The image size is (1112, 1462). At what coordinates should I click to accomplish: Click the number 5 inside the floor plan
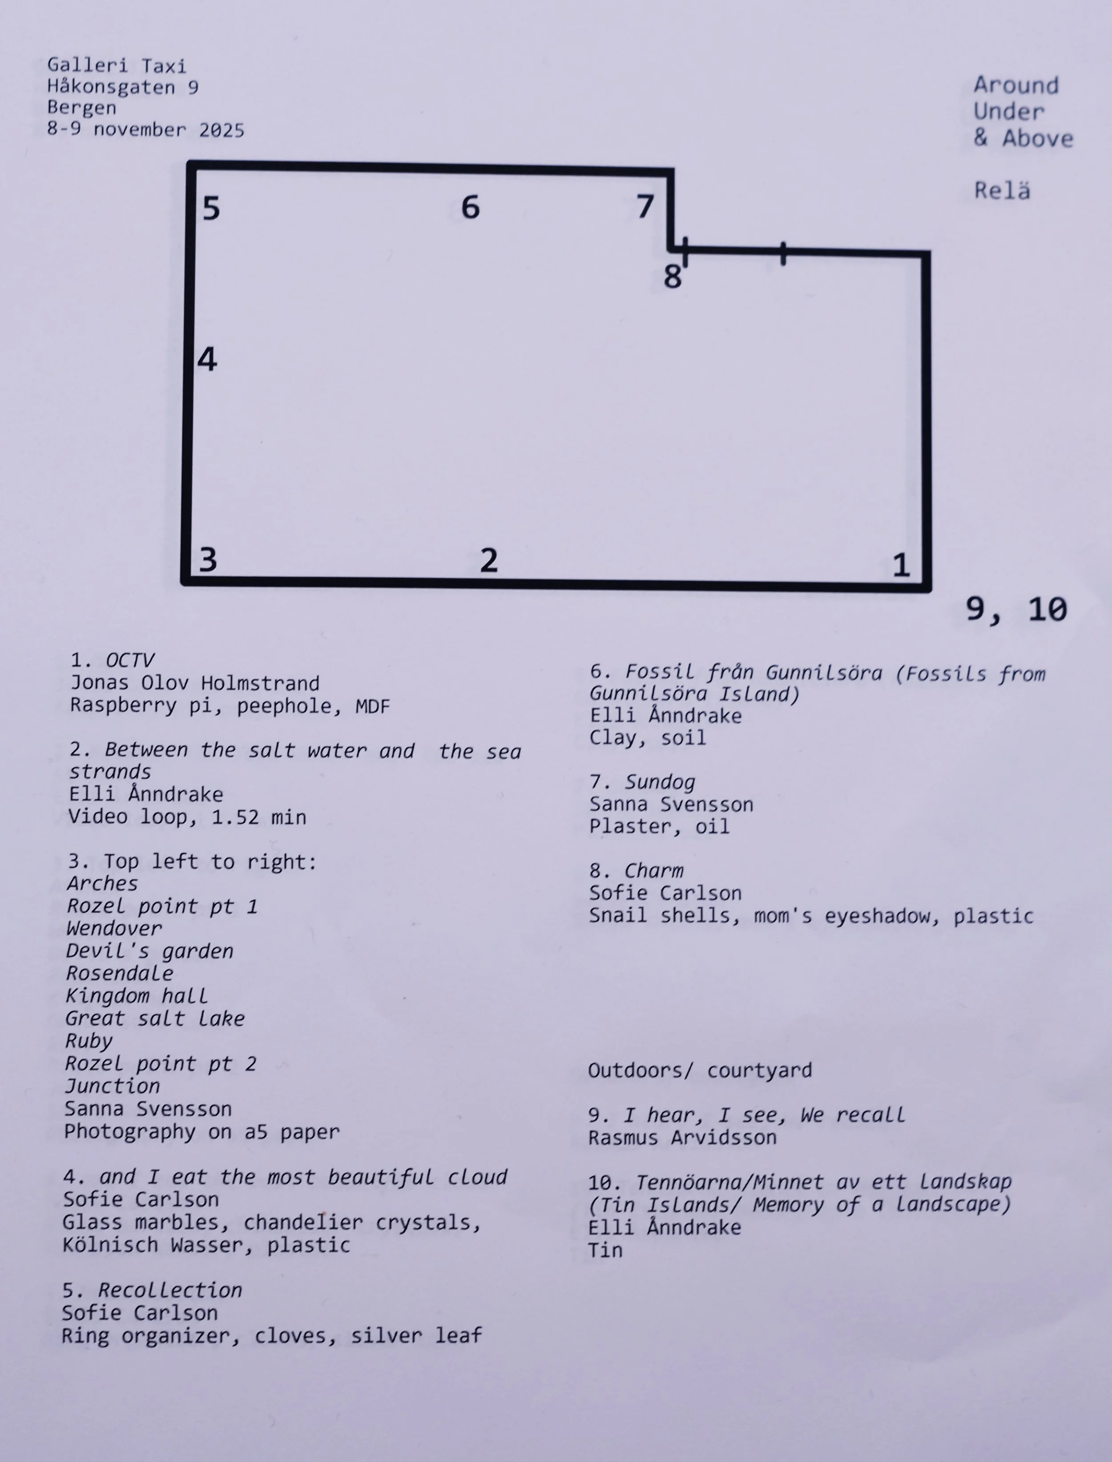tap(211, 209)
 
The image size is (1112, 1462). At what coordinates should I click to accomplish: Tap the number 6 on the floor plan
tap(470, 207)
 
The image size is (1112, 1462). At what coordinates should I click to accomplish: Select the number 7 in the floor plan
tap(645, 206)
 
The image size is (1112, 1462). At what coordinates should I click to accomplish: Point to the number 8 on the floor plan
tap(672, 277)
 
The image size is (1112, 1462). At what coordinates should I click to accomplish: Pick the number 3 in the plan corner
tap(208, 560)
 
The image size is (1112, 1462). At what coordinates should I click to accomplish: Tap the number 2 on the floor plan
tap(488, 561)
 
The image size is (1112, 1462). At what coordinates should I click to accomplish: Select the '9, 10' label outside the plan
tap(1016, 609)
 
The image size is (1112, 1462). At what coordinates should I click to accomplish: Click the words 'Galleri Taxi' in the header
tap(117, 65)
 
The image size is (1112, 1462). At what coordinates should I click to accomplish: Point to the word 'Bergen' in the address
tap(81, 108)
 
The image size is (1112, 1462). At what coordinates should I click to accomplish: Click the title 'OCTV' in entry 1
tap(130, 660)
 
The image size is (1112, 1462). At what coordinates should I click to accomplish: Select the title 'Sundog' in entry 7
tap(660, 782)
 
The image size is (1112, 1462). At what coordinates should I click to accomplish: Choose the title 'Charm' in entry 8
tap(654, 871)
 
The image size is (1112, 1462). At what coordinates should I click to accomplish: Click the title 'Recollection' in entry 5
tap(170, 1290)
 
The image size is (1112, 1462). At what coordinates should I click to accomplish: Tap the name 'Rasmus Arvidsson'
tap(682, 1138)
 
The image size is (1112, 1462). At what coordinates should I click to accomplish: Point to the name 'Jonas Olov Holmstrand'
tap(195, 683)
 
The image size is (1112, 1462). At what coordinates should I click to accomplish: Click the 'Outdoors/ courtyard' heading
tap(700, 1070)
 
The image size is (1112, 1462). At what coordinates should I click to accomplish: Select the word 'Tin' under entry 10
tap(605, 1250)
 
